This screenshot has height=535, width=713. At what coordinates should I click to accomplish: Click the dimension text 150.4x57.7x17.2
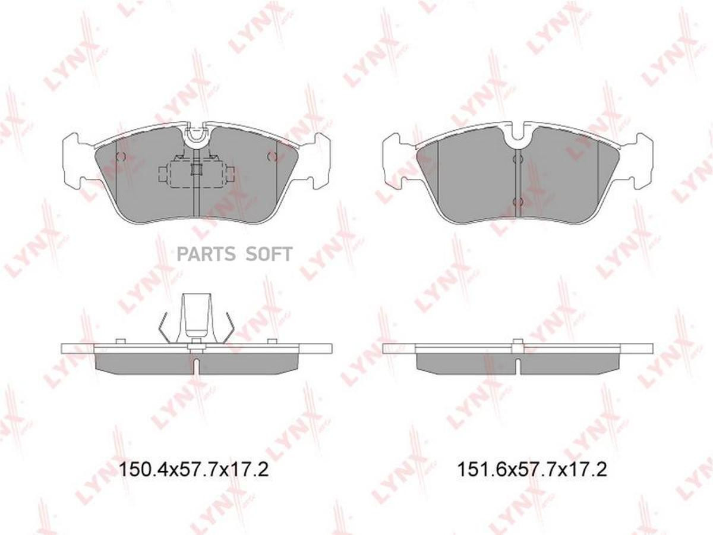[x=194, y=470]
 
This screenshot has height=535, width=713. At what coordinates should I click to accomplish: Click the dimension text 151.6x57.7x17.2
[x=532, y=470]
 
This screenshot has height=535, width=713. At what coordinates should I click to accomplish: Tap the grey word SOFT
[x=269, y=254]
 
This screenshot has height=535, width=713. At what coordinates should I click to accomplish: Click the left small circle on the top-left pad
[x=121, y=156]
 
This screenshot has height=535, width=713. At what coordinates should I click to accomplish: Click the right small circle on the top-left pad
[x=272, y=156]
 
